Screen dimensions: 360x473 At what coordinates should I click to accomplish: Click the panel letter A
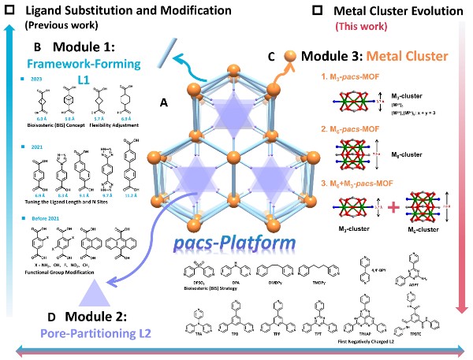(x=163, y=102)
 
